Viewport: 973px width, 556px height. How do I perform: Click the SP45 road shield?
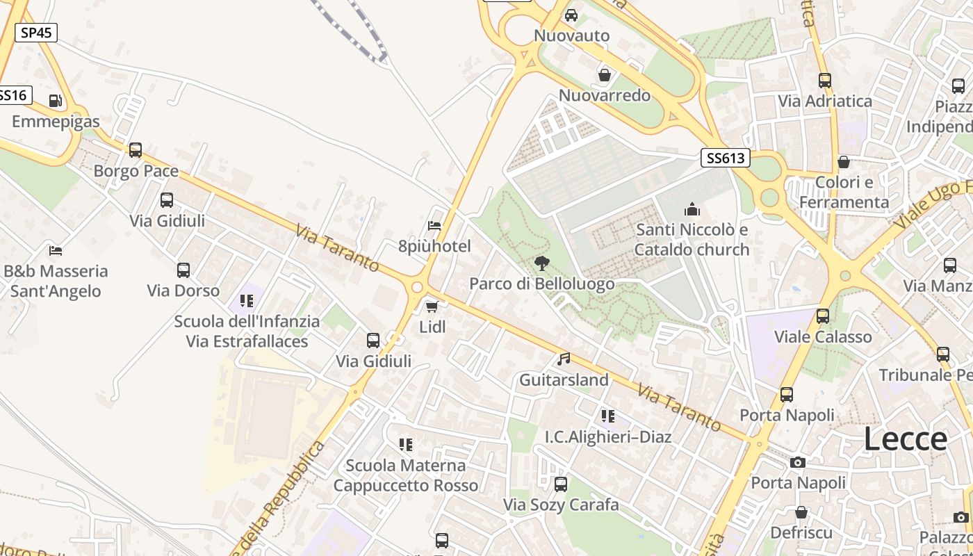click(36, 32)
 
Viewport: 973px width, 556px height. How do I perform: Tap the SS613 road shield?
click(725, 158)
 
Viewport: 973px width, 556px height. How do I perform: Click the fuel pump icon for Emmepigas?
click(56, 101)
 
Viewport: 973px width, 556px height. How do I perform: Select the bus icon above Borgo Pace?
click(136, 150)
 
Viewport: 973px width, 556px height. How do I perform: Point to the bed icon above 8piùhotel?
click(434, 225)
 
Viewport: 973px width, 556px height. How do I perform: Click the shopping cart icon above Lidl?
click(432, 306)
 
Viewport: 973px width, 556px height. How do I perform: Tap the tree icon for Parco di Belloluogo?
click(541, 263)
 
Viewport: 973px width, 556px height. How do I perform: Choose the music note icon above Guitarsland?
click(564, 359)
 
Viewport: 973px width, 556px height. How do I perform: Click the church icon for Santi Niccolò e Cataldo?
click(692, 209)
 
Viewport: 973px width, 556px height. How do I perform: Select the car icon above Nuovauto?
click(571, 15)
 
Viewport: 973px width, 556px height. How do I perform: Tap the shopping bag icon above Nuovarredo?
click(605, 74)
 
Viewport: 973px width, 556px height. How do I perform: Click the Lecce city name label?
click(906, 439)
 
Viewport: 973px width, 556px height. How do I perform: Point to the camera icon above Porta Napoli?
click(798, 462)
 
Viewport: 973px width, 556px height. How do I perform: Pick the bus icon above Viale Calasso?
click(823, 316)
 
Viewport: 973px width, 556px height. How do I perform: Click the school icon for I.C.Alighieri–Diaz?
click(608, 416)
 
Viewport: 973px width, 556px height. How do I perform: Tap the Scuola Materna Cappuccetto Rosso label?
click(406, 475)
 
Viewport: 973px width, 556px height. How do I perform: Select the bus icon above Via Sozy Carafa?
click(560, 484)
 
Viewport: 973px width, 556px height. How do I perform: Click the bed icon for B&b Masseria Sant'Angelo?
click(56, 250)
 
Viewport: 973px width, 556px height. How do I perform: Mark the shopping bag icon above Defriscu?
click(801, 512)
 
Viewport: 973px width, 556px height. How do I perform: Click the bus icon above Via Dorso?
click(183, 270)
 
